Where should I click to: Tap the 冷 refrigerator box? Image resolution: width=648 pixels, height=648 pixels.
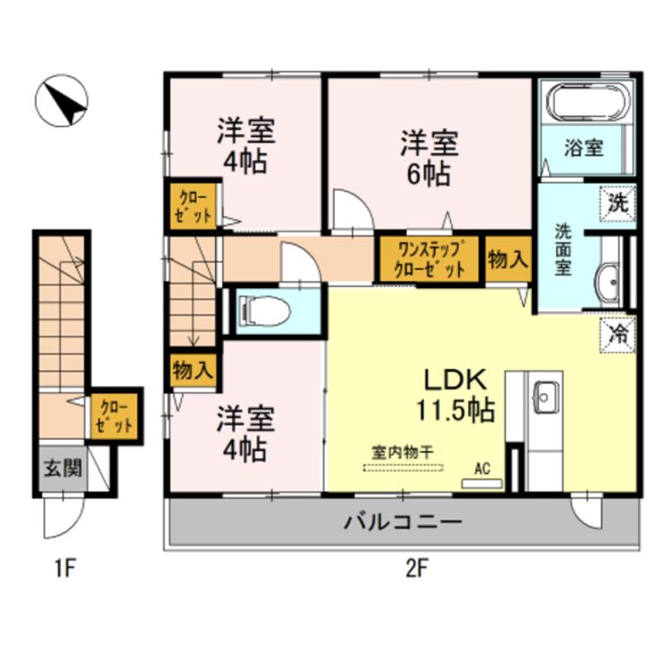point(616,333)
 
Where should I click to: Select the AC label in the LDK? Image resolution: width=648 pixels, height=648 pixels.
point(482,468)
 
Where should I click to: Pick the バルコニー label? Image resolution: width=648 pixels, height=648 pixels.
point(402,522)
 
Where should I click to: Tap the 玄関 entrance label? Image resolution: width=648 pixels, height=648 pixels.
point(61,468)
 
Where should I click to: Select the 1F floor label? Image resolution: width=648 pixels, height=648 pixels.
point(60,568)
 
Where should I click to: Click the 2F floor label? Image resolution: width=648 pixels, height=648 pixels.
point(413,568)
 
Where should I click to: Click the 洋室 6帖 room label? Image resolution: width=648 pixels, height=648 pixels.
point(429,157)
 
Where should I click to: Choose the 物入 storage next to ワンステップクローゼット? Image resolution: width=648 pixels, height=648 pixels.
point(508,260)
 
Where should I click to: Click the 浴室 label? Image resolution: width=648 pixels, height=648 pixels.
point(582,148)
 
